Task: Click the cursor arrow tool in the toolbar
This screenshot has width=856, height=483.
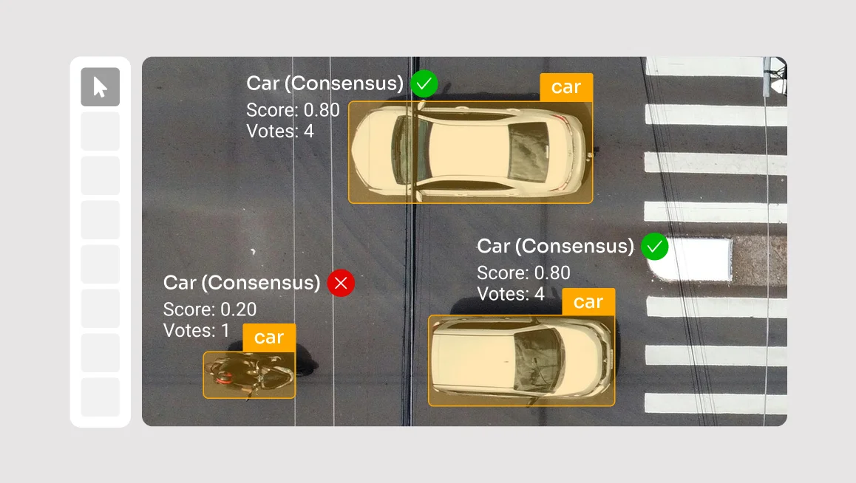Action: click(x=101, y=87)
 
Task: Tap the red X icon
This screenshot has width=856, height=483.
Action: click(x=342, y=283)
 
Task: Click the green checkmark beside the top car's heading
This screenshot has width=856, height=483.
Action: click(x=424, y=84)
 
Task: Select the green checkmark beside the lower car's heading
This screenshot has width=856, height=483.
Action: click(x=654, y=247)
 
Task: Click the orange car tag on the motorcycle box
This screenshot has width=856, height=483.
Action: click(x=269, y=338)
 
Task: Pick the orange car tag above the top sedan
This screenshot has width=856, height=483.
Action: click(x=566, y=87)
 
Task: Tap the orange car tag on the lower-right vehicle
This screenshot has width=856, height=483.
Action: click(x=588, y=302)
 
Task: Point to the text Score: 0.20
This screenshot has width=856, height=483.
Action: click(x=210, y=309)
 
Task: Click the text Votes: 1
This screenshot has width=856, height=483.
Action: click(x=196, y=331)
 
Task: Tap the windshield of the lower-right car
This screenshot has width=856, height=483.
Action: click(x=537, y=360)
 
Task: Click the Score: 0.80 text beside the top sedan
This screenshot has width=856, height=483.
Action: click(x=293, y=110)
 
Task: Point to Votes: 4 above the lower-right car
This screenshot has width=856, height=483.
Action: click(x=511, y=295)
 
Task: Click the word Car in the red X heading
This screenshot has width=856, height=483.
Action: click(x=180, y=283)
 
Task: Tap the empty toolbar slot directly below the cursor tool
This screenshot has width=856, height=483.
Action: click(x=101, y=131)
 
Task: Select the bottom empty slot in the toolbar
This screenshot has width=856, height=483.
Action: click(x=101, y=397)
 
